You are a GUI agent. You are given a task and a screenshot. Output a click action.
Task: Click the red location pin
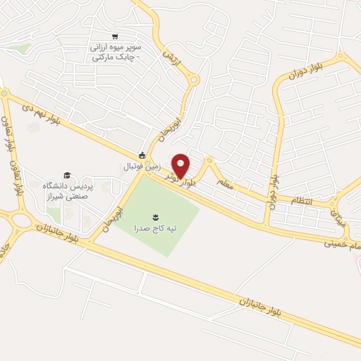181,165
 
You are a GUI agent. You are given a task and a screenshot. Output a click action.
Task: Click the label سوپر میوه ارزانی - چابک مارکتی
115,51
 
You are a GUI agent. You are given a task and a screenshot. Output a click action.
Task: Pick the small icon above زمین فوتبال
142,156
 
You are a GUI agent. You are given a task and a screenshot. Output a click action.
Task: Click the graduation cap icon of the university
67,174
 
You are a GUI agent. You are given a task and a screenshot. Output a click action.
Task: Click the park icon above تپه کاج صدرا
156,215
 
